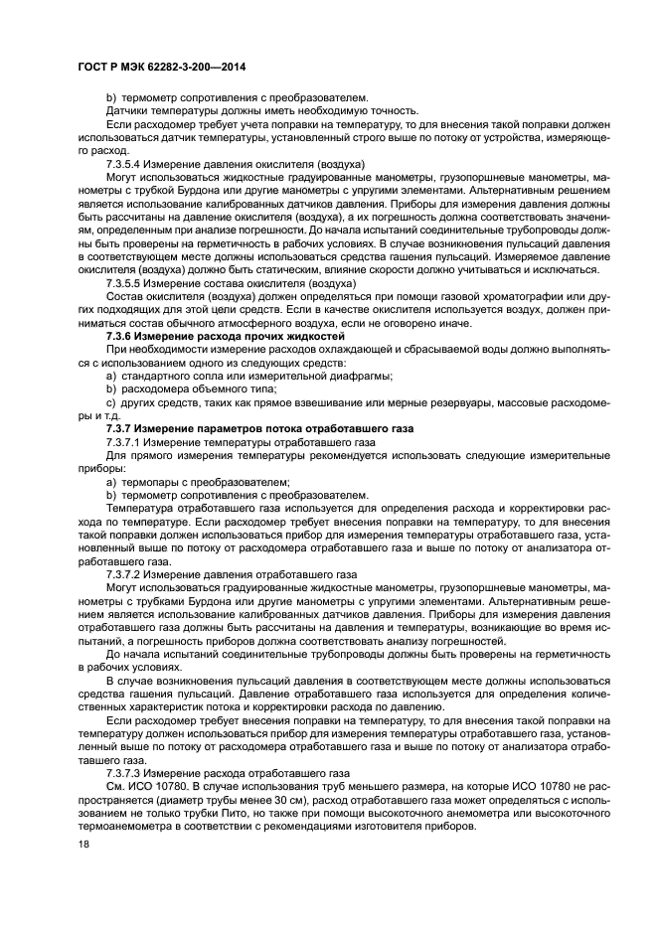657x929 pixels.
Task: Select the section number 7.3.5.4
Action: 125,162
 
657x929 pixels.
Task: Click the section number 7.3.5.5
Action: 125,283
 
